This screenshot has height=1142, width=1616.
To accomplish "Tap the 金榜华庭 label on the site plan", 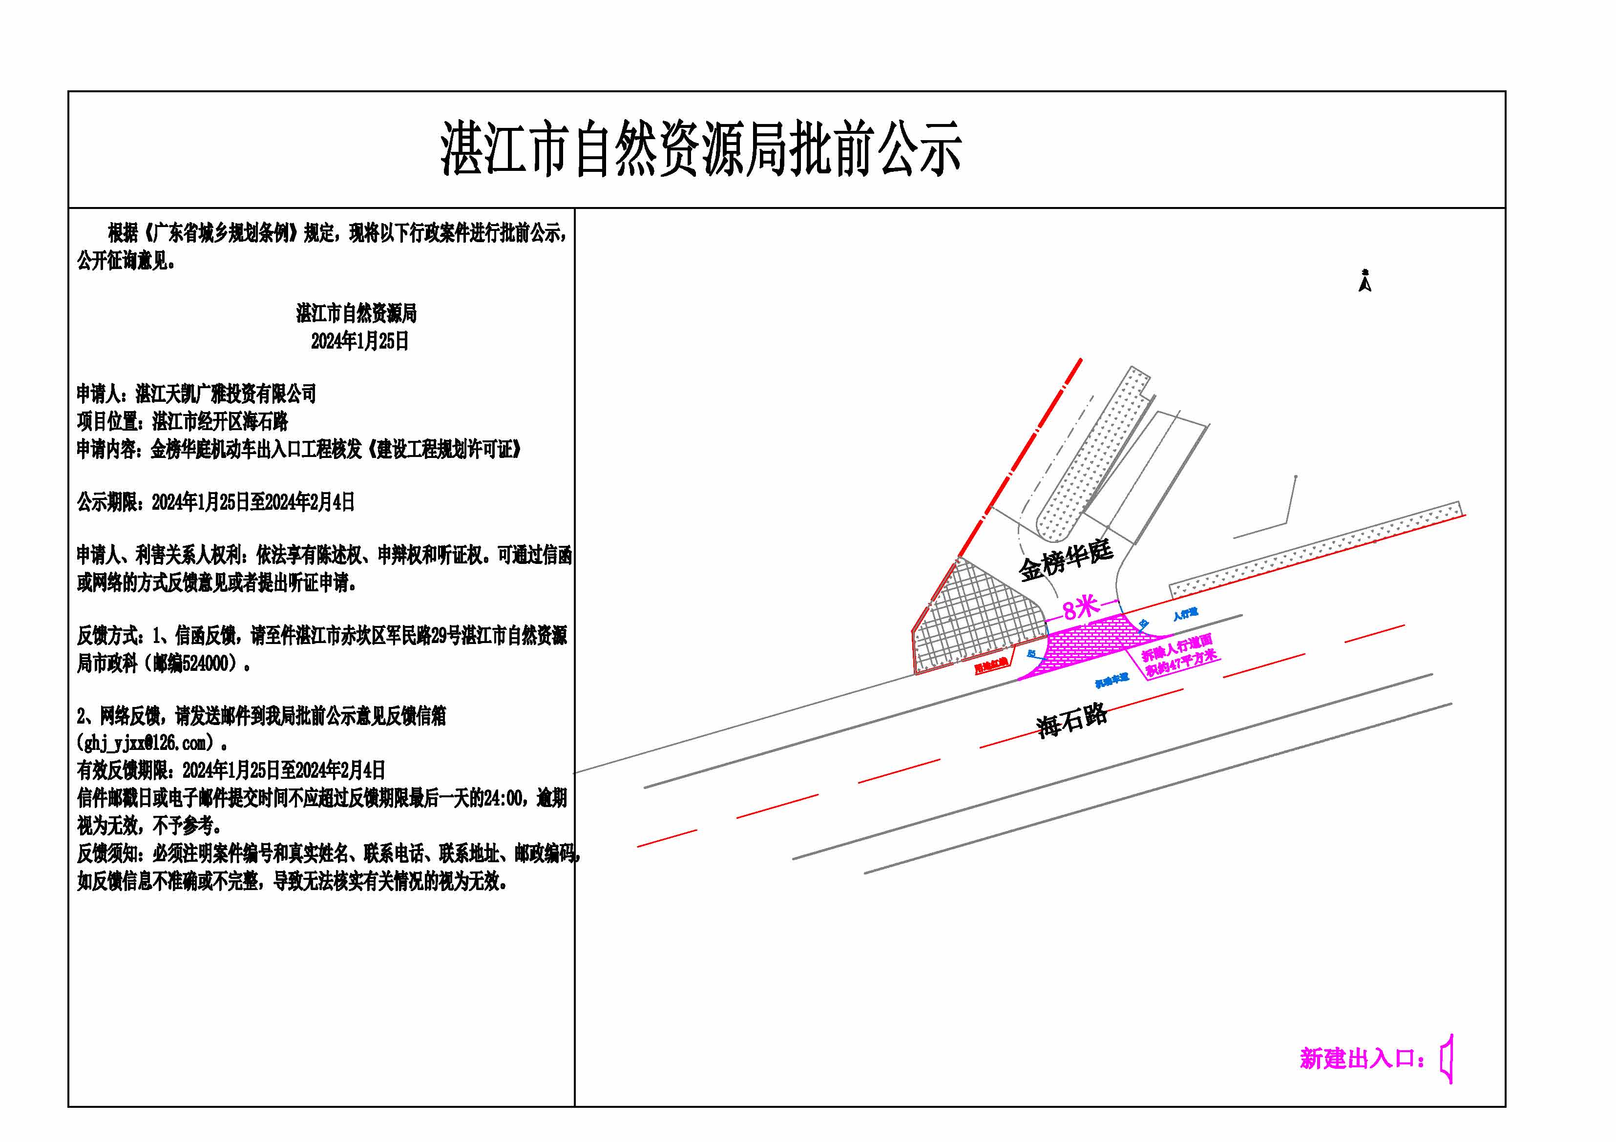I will [1066, 560].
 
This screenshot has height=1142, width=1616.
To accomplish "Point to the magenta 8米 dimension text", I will [1080, 606].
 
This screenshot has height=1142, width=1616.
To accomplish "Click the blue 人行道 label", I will [1185, 614].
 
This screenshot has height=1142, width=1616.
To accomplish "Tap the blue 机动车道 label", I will [1112, 680].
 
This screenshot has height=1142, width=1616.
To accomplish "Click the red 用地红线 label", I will [991, 665].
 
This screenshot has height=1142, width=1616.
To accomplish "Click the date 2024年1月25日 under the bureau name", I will [359, 341].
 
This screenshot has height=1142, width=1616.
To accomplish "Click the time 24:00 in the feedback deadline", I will [504, 798].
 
